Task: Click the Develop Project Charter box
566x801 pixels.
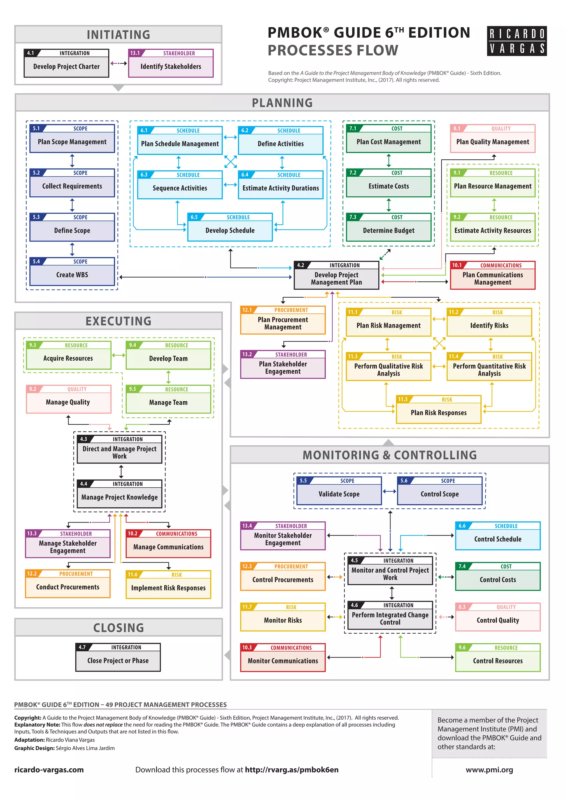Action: (x=66, y=64)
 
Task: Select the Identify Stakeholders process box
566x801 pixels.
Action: (x=171, y=64)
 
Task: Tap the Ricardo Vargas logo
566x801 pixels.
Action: (x=517, y=41)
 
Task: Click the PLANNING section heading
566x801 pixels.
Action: (x=282, y=103)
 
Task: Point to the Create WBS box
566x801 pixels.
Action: (x=72, y=272)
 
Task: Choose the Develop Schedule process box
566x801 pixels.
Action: (x=230, y=227)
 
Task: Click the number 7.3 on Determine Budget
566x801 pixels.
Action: (x=353, y=217)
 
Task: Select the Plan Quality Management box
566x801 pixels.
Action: (x=492, y=139)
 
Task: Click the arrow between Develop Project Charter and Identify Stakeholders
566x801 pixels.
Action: (x=119, y=64)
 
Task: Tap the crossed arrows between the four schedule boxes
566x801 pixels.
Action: (x=230, y=162)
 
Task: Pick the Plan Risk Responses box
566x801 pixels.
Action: (x=438, y=410)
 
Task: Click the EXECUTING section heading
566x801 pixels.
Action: (x=119, y=321)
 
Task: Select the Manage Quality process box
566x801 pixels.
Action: (x=68, y=399)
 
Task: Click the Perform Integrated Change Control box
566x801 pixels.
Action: (x=390, y=615)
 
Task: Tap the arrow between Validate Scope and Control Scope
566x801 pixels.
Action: (x=389, y=491)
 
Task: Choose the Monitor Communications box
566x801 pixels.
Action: (x=283, y=658)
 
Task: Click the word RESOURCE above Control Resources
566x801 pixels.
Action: (x=506, y=647)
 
